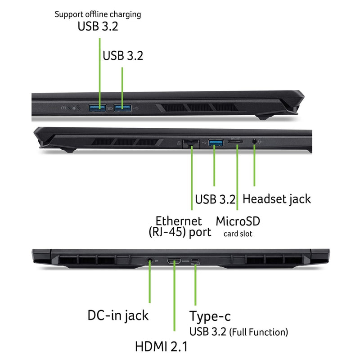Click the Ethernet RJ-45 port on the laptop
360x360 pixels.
pos(191,144)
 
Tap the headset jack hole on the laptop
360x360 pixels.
pos(254,141)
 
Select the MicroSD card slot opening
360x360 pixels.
pos(235,142)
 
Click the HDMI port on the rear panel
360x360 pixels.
pos(174,261)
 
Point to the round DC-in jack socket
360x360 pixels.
pos(150,261)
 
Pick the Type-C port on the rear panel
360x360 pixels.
pos(195,261)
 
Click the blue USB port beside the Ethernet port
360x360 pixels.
pos(216,143)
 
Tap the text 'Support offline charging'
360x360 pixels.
pos(98,14)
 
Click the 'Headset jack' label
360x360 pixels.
pos(277,199)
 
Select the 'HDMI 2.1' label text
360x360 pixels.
pos(161,346)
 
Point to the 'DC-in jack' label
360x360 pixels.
pos(118,315)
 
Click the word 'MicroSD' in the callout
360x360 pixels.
pos(238,221)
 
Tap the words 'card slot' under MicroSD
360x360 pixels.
pos(238,234)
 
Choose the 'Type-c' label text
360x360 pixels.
pos(210,317)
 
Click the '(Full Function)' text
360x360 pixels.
pos(258,332)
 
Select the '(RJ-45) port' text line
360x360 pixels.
pos(180,232)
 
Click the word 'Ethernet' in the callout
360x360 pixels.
pos(179,221)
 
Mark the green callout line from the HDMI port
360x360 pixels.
pos(175,296)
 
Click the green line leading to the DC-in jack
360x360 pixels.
pos(150,282)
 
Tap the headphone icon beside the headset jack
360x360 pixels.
pos(260,141)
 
